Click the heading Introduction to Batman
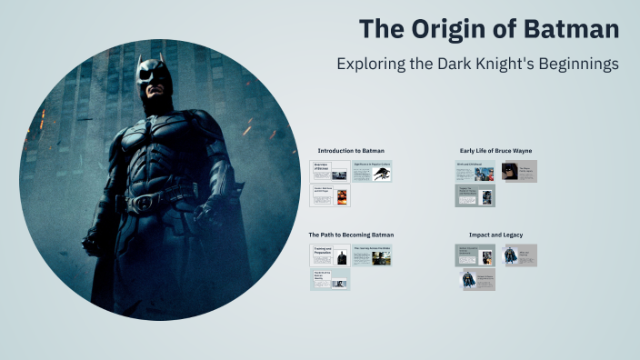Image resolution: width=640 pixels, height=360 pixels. [x=351, y=150]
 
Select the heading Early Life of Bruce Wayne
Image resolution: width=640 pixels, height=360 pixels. [x=495, y=150]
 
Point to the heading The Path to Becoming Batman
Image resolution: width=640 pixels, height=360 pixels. [x=351, y=235]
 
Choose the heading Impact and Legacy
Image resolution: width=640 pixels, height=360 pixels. [x=495, y=235]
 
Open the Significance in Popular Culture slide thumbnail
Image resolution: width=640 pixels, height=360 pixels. [x=372, y=171]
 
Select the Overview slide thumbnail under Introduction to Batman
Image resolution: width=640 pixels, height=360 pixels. [x=329, y=171]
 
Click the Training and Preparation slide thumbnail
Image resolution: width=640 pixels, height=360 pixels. [x=329, y=255]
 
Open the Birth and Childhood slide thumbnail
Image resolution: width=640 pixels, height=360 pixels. [x=475, y=171]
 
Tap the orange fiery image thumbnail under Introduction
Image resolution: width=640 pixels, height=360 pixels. [x=343, y=195]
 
